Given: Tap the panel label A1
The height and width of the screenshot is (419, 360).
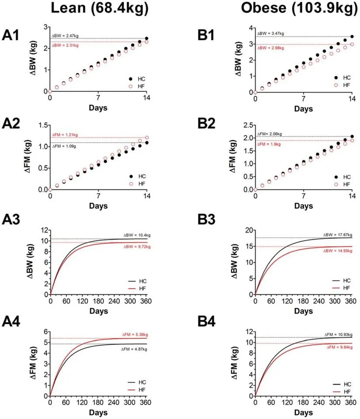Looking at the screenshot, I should tap(12, 35).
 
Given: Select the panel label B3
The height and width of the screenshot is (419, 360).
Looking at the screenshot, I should tap(217, 232).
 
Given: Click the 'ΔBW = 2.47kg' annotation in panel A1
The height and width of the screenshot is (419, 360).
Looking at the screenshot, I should tap(66, 34).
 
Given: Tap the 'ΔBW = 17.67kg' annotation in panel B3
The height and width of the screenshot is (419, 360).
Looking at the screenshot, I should tap(338, 235).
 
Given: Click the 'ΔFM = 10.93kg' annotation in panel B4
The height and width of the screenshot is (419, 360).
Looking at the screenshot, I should tap(338, 335).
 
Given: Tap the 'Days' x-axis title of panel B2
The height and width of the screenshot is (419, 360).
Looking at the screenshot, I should tap(304, 205).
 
